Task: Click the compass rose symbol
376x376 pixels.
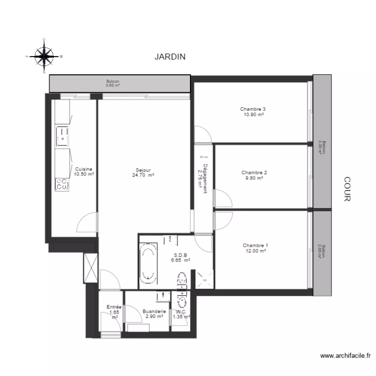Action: [x=44, y=56]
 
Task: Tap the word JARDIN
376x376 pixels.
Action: [x=170, y=57]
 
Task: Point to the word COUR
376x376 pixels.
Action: [x=346, y=189]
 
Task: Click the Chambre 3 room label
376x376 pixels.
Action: [x=253, y=109]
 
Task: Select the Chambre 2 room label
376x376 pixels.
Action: [x=254, y=172]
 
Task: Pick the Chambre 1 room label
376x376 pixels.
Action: [x=255, y=245]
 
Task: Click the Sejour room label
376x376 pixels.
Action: [x=143, y=169]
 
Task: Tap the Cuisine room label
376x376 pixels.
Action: [x=83, y=169]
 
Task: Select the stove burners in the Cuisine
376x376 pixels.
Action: [x=62, y=184]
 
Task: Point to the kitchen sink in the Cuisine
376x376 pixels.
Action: [x=62, y=135]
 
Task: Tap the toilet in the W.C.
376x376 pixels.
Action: [x=181, y=302]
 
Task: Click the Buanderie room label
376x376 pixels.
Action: [x=154, y=311]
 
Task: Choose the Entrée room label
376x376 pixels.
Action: [x=114, y=307]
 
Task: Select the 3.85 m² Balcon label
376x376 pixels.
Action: [x=113, y=83]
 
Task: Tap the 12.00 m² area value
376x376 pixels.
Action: [x=255, y=251]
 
